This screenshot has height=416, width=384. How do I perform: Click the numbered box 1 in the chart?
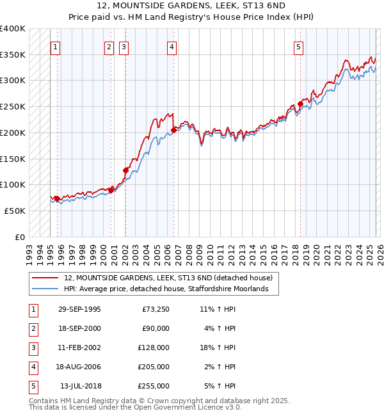pyautogui.click(x=55, y=46)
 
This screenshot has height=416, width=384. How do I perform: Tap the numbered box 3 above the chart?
pyautogui.click(x=123, y=46)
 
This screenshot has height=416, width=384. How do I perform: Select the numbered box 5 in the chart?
pyautogui.click(x=299, y=46)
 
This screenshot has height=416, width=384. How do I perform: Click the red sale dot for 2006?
pyautogui.click(x=173, y=131)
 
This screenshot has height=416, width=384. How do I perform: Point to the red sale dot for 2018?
pyautogui.click(x=300, y=104)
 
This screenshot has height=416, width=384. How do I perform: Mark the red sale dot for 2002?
pyautogui.click(x=125, y=170)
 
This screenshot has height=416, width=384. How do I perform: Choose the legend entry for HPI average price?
pyautogui.click(x=171, y=289)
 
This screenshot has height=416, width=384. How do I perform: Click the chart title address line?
pyautogui.click(x=192, y=6)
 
